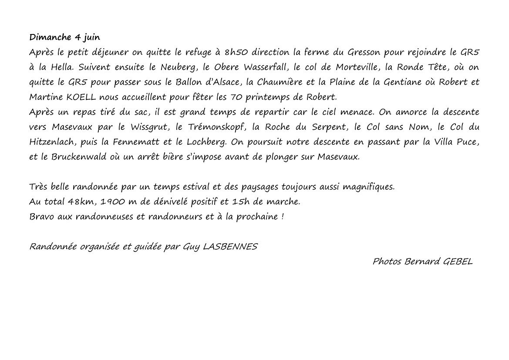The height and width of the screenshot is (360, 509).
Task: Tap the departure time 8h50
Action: (x=234, y=52)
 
